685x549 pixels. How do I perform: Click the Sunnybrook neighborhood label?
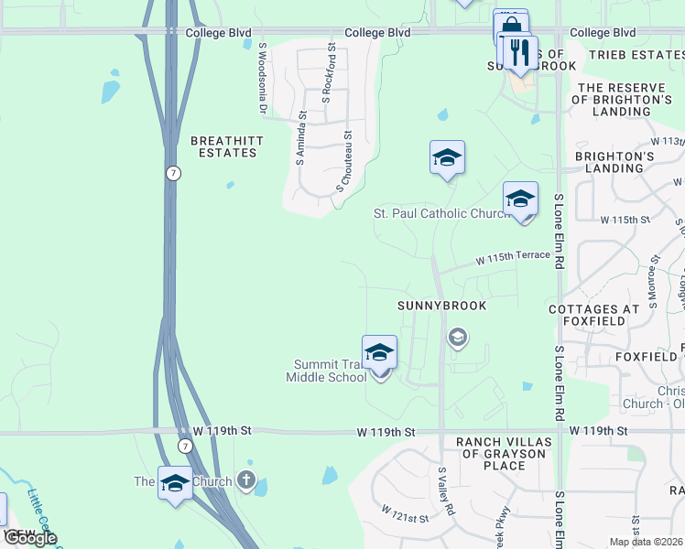(x=434, y=305)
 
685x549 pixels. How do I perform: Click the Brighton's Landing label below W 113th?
(x=609, y=162)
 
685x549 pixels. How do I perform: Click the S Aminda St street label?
(x=301, y=137)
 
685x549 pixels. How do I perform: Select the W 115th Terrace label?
(x=513, y=259)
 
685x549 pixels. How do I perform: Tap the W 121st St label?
(x=405, y=512)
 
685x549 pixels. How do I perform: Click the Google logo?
(x=30, y=537)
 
